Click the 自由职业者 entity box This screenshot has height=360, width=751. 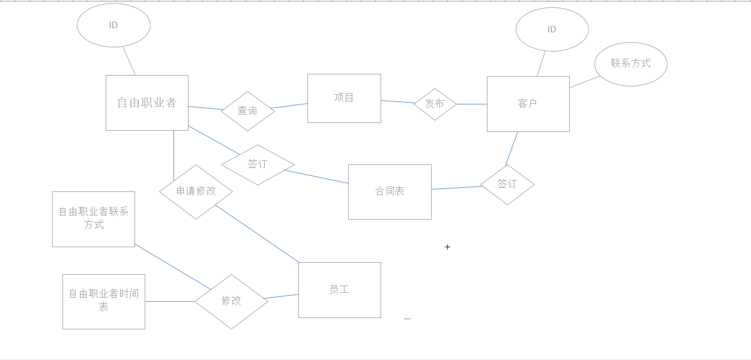point(147,103)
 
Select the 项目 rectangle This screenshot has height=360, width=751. point(344,98)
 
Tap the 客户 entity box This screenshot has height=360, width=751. point(528,104)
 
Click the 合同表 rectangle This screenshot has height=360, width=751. point(390,192)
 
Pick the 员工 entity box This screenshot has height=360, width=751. point(339,290)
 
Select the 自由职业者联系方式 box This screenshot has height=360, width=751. point(94,219)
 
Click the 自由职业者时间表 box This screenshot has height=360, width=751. point(104,301)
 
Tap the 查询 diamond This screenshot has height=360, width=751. point(247,111)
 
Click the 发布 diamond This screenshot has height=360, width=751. point(435,104)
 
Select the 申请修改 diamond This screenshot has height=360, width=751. point(196,191)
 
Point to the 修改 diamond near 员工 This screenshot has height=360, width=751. point(231,301)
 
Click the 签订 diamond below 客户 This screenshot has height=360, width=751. point(507,184)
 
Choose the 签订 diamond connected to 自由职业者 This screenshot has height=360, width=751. point(258,164)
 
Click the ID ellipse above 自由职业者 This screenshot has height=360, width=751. point(113,25)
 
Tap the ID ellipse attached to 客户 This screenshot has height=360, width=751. point(552,29)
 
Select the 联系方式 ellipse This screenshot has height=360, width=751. point(630,64)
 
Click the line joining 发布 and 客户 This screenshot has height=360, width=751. point(472,104)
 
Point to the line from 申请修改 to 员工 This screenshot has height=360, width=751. point(257,233)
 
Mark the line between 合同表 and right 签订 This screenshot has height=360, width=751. point(456,188)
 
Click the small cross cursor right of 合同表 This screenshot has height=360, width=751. point(447,247)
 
